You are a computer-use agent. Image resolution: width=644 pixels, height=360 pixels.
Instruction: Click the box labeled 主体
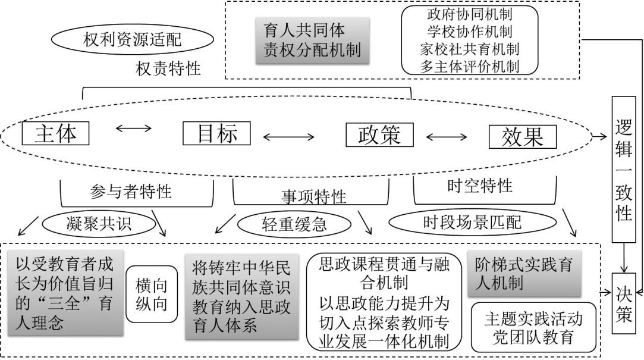pos(56,133)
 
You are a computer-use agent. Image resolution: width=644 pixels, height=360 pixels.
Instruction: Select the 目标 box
pos(216,133)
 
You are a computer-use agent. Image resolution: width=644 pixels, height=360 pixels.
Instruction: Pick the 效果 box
pos(523,136)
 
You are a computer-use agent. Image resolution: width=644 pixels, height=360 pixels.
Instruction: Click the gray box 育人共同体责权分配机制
pos(312,40)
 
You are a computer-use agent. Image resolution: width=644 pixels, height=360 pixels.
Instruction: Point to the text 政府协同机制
pos(470,14)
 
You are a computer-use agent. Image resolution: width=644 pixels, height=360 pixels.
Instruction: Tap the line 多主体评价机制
pos(470,67)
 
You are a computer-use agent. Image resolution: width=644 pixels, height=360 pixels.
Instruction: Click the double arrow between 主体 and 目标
pos(136,129)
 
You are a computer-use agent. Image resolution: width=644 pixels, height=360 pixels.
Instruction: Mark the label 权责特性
pos(168,69)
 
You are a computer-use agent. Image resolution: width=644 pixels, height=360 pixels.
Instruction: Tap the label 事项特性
pos(313,196)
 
